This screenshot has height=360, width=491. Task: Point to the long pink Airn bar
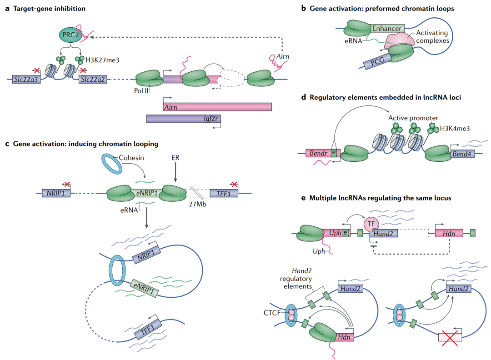(x=217, y=106)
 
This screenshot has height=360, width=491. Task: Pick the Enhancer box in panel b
(x=386, y=29)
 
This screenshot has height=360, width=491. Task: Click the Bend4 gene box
(x=462, y=155)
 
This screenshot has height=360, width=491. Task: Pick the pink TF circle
(x=372, y=224)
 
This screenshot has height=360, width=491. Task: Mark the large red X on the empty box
(x=450, y=337)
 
